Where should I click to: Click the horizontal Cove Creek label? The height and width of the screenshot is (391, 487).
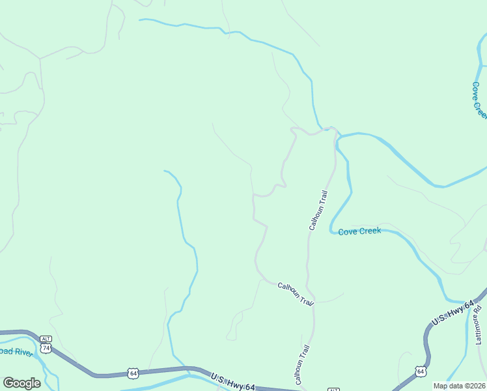point(359,231)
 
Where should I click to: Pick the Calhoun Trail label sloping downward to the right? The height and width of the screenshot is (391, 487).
point(296,294)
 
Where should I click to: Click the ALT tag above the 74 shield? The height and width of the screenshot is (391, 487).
point(46,339)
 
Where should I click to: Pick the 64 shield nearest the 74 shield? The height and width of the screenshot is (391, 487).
point(133,373)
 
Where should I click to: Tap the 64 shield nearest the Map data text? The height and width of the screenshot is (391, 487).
point(421,371)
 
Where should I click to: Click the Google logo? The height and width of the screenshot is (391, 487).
point(21,383)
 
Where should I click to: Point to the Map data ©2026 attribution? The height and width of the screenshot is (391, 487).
point(459,386)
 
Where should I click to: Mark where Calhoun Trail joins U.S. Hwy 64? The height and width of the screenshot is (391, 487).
point(301,389)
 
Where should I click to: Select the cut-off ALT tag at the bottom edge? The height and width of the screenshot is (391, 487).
point(333,389)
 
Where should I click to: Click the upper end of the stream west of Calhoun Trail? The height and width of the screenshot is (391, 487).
point(164,171)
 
